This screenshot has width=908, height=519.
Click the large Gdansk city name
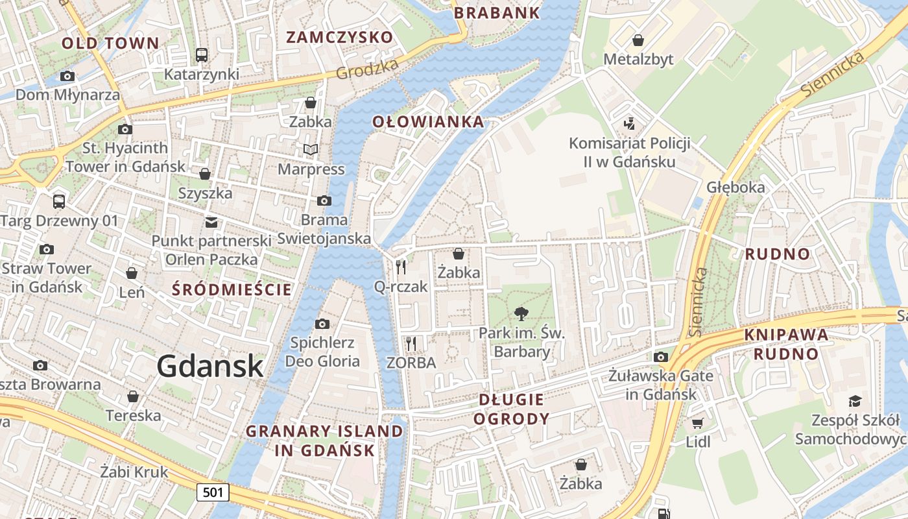[209, 367]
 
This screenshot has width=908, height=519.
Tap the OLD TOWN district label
[110, 43]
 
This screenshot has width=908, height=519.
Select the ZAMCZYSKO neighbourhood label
[340, 37]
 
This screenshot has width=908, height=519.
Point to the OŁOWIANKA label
[428, 121]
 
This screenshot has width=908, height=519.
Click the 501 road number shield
[213, 492]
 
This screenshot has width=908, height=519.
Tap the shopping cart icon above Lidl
[697, 424]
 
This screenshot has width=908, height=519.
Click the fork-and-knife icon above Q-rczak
[401, 267]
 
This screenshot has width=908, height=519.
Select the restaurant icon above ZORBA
[411, 343]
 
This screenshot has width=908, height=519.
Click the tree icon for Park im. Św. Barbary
[521, 315]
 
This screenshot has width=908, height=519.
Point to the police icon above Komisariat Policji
[628, 123]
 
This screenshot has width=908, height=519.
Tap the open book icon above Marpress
[311, 150]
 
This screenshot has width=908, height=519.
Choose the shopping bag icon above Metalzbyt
[638, 40]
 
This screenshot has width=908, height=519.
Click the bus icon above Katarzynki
[202, 55]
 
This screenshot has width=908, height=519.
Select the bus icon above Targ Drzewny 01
[59, 201]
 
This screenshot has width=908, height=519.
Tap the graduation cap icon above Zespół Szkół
[855, 401]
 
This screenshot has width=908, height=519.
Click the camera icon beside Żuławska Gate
[661, 357]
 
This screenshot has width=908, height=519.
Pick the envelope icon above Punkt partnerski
[211, 223]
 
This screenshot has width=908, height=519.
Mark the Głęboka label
[735, 187]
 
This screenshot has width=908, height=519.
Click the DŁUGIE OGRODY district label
[511, 409]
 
